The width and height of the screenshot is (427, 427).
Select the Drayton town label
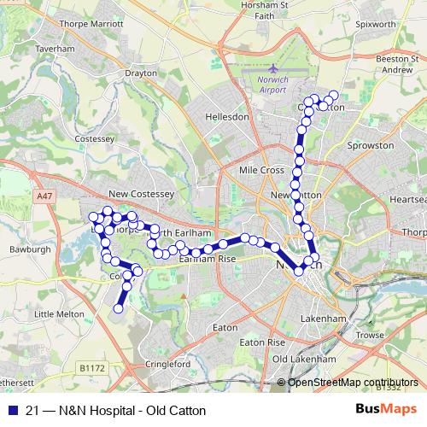coord(142,73)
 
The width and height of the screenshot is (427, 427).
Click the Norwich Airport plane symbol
coord(272,69)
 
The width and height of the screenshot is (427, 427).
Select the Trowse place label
coord(371,335)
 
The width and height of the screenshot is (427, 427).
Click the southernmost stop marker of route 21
coord(119,308)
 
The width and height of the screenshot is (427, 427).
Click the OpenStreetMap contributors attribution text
coord(354,382)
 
